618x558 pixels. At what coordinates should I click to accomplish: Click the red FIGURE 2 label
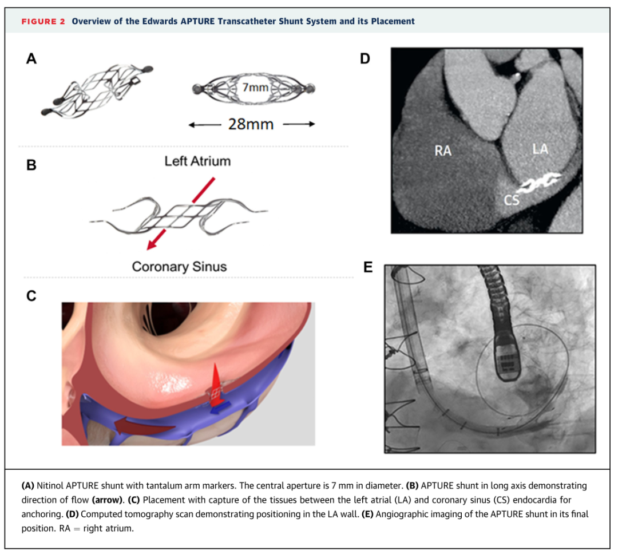pos(43,21)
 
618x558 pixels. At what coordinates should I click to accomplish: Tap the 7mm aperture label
pos(255,87)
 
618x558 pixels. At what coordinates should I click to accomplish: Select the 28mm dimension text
pos(251,124)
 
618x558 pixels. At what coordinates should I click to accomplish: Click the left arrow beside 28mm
pos(204,125)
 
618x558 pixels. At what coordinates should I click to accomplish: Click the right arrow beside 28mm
pos(299,124)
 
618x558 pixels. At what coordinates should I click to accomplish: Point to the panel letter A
pos(31,59)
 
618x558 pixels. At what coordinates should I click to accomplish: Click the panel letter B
pos(31,165)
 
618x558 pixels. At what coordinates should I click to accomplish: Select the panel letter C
pos(31,295)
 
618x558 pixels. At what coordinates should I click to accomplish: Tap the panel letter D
pos(365,59)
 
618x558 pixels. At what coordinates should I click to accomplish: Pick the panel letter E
pos(368,267)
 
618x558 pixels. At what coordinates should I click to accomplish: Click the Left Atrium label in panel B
pos(197,161)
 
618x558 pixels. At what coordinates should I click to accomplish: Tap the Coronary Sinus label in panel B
pos(179,267)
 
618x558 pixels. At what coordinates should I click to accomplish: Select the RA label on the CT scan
pos(443,151)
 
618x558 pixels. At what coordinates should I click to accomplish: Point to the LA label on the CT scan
pos(540,149)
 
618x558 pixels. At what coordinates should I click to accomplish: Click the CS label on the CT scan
pos(512,200)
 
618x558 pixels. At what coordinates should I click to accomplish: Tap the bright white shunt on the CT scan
pos(539,183)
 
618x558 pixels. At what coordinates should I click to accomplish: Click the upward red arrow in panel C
pos(215,384)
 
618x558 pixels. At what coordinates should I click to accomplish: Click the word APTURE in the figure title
pos(198,21)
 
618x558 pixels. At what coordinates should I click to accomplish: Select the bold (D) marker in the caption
pos(72,514)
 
